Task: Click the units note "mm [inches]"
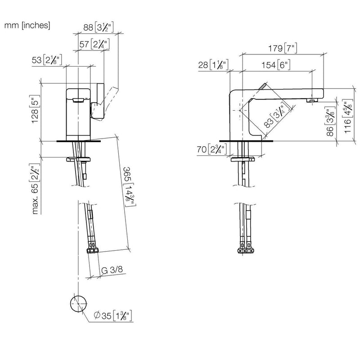pos(27,25)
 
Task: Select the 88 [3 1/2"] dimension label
pos(99,27)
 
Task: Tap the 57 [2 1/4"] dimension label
pos(94,44)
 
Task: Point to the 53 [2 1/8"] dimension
pos(47,60)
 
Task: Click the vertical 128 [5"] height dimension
pos(35,109)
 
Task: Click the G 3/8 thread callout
pos(112,270)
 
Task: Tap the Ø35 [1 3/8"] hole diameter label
pos(113,315)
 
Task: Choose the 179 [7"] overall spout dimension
pos(283,48)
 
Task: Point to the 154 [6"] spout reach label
pos(276,65)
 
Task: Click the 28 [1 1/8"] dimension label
pos(213,65)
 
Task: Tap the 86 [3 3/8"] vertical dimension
pos(330,121)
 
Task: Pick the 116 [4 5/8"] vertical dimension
pos(347,116)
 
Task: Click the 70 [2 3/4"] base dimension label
pos(212,149)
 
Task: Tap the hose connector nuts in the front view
pos(93,250)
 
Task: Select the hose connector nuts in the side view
pos(246,250)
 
